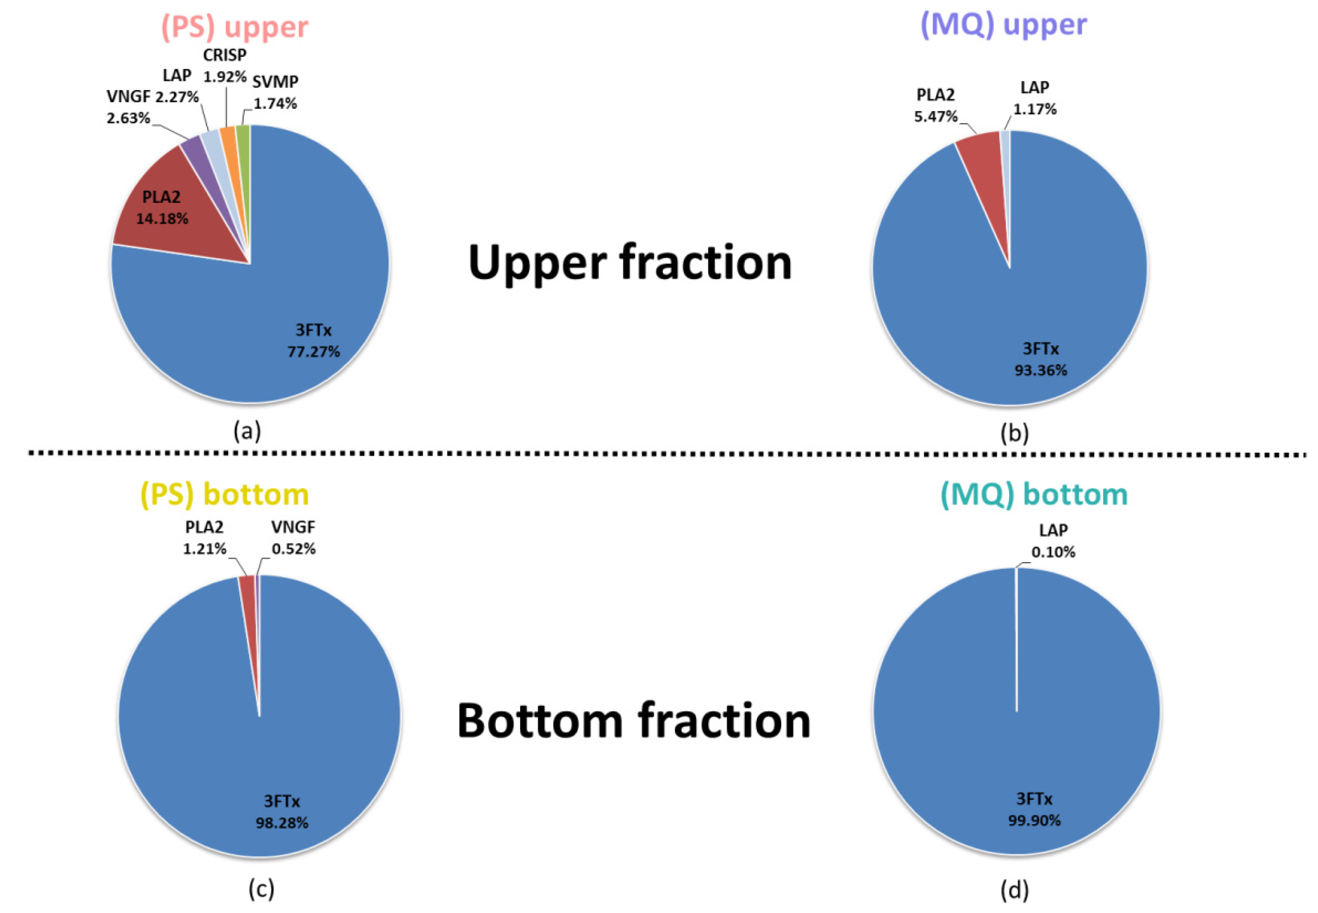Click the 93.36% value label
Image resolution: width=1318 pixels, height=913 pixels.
(x=1040, y=370)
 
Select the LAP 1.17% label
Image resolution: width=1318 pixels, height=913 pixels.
(x=1034, y=98)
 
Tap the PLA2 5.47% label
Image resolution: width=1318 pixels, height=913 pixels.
(x=935, y=106)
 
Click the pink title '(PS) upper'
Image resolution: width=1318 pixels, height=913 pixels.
(x=235, y=28)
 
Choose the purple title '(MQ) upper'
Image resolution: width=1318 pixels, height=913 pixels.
(x=1003, y=25)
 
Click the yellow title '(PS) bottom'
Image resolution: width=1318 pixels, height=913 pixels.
(x=224, y=494)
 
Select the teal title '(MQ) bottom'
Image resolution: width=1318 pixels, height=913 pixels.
(x=1033, y=494)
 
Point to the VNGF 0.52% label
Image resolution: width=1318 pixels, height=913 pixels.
(x=293, y=538)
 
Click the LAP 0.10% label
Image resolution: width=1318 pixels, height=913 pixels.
(x=1053, y=541)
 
